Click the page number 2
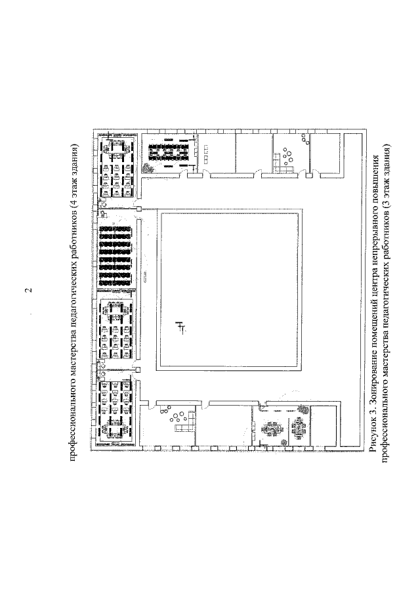coord(28,291)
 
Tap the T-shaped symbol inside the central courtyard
coord(180,328)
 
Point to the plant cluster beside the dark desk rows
coord(148,167)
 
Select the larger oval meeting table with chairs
coord(271,430)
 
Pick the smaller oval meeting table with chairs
coord(299,428)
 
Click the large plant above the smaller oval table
coord(303,408)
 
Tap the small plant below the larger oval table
coord(283,442)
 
